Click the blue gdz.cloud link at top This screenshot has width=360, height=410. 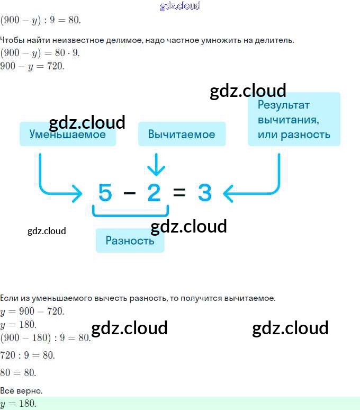click(x=180, y=6)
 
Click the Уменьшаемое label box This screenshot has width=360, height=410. click(x=68, y=134)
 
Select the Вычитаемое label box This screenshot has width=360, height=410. click(x=182, y=134)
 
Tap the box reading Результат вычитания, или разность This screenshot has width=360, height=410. click(x=294, y=119)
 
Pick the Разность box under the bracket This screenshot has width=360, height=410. click(x=130, y=240)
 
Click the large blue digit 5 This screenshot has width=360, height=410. click(x=105, y=192)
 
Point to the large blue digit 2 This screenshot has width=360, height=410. click(x=154, y=192)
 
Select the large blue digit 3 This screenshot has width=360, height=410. click(x=204, y=192)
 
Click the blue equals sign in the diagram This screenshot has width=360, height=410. click(x=179, y=192)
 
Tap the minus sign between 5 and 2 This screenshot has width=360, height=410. click(x=130, y=193)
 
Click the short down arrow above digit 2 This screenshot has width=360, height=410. click(x=156, y=164)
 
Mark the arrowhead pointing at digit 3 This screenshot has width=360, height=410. click(x=228, y=193)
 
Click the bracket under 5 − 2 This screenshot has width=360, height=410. click(x=130, y=215)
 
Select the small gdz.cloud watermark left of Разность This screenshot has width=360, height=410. click(x=47, y=231)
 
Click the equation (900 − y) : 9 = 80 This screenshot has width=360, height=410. click(x=40, y=20)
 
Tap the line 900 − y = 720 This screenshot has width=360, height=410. click(x=32, y=66)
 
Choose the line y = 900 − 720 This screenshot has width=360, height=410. click(x=32, y=311)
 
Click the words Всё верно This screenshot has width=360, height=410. click(x=21, y=391)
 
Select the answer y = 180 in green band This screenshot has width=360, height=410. click(x=18, y=404)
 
